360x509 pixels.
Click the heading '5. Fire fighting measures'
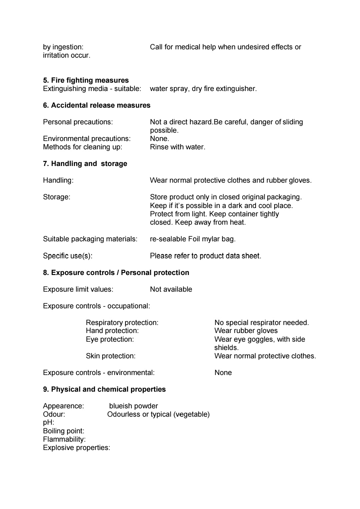[86, 80]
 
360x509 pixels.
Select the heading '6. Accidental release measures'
[97, 105]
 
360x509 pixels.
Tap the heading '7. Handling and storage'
[85, 164]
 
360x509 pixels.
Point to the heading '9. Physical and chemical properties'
[104, 389]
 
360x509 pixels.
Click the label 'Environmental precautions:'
[87, 139]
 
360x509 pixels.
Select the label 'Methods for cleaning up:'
[82, 147]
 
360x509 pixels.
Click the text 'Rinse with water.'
[177, 147]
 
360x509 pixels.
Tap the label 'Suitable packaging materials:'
[90, 239]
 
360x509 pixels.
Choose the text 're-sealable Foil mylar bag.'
[193, 239]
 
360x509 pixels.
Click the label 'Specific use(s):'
[68, 256]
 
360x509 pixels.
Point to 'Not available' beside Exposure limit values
[171, 289]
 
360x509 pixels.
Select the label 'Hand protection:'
[112, 331]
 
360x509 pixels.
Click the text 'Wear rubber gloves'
[246, 331]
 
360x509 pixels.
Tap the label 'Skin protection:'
[111, 356]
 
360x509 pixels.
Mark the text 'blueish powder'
[133, 406]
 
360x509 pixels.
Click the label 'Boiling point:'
[64, 431]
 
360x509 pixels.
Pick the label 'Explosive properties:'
[76, 448]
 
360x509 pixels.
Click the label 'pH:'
[49, 423]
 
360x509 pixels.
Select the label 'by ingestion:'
[63, 47]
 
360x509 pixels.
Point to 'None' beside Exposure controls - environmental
[223, 373]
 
